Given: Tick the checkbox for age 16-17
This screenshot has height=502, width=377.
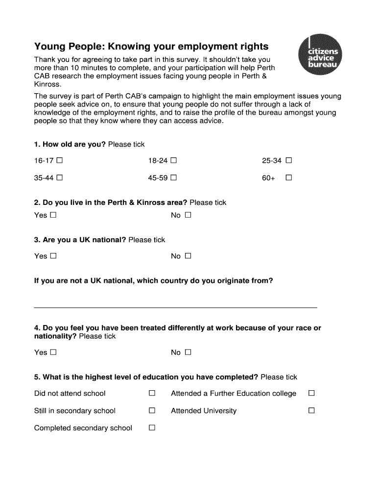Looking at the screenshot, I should click(x=59, y=160).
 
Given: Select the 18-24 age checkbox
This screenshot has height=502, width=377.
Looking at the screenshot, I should click(x=173, y=160).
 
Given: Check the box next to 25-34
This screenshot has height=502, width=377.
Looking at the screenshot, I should click(x=289, y=160).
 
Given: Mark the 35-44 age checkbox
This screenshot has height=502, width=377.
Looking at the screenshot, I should click(x=59, y=178).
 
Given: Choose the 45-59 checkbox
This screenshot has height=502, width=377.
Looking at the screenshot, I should click(x=173, y=178).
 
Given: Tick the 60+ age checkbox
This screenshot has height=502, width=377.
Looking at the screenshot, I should click(x=289, y=178).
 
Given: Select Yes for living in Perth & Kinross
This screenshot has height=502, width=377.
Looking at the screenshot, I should click(x=53, y=215).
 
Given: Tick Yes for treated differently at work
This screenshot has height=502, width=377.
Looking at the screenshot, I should click(x=53, y=352).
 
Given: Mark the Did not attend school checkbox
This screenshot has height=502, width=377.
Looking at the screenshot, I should click(x=152, y=393).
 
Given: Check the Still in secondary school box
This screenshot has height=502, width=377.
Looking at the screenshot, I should click(x=152, y=410).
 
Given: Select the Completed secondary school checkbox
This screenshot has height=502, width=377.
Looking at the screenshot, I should click(x=152, y=428).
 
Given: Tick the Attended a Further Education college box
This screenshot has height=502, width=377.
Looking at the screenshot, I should click(x=311, y=393).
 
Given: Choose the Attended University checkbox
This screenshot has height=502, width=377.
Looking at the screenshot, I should click(x=311, y=410).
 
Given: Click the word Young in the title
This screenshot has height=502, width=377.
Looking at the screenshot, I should click(x=48, y=47).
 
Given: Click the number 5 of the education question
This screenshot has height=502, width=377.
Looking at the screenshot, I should click(x=36, y=377).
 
